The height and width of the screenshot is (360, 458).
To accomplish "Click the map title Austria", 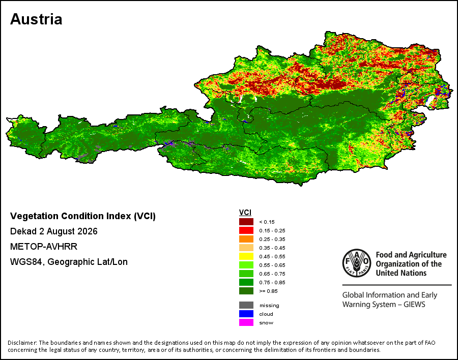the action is (36, 19).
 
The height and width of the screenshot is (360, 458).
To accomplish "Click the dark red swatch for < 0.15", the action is (246, 222).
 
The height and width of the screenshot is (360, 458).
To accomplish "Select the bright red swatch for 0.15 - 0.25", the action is (246, 230).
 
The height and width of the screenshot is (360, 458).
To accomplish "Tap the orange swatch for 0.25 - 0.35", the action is (246, 239).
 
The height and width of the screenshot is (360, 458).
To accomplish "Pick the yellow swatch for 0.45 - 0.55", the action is (246, 256).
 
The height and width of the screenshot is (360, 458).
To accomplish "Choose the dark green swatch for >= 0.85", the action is (246, 291).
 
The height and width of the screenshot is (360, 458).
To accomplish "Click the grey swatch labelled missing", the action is (246, 306).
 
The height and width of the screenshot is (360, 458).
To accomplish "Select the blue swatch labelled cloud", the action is (246, 314).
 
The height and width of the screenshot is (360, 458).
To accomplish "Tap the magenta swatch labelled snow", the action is (246, 323).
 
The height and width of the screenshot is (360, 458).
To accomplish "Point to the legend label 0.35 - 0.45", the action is (272, 248).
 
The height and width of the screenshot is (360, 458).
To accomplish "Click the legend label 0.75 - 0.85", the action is (272, 282).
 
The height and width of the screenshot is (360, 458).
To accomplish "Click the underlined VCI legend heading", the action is (245, 213).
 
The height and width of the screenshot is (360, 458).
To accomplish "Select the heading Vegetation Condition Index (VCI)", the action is (83, 216).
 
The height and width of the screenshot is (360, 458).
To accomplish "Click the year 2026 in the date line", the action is (88, 231).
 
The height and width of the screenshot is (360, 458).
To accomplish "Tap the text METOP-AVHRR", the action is (44, 247).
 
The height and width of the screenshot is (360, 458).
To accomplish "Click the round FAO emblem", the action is (357, 263).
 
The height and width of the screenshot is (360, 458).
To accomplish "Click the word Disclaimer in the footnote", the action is (22, 343).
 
